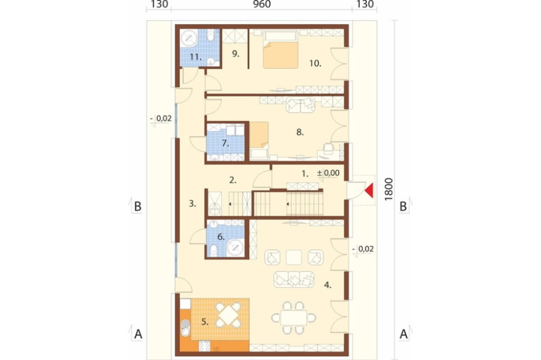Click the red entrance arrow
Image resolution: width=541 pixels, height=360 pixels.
click(x=370, y=191)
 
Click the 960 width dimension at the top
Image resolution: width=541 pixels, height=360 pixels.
click(x=262, y=4)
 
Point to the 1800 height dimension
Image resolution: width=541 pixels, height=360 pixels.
click(x=388, y=189)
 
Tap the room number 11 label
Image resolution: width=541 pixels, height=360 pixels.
click(x=196, y=57)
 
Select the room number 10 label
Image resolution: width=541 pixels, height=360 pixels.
click(x=315, y=63)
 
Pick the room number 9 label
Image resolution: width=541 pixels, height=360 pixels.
click(x=235, y=54)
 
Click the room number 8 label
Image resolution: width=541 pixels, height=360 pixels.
click(x=300, y=132)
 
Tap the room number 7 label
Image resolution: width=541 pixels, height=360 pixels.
click(x=225, y=143)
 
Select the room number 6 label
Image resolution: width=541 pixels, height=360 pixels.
click(x=221, y=237)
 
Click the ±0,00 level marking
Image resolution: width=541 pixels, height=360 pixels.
click(x=328, y=173)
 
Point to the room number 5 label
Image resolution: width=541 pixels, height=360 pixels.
click(x=205, y=322)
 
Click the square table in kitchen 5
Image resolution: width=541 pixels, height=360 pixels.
click(x=228, y=315)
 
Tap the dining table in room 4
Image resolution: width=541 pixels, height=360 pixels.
click(x=294, y=318)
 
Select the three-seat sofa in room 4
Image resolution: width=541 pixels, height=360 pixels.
click(x=294, y=279)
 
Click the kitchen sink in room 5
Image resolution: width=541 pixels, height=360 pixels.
click(x=185, y=328)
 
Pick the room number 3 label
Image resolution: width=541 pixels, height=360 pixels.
click(x=192, y=204)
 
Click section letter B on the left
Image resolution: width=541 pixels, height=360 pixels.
click(x=137, y=206)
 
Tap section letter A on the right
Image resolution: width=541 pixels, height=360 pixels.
click(x=404, y=334)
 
